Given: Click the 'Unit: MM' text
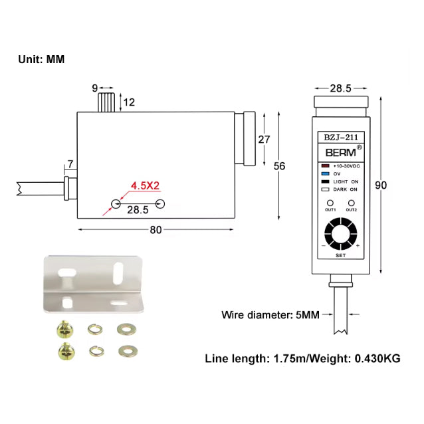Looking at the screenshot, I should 41,59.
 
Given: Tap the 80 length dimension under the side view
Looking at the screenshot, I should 155,231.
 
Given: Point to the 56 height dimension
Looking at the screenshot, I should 279,166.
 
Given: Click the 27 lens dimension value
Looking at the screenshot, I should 264,139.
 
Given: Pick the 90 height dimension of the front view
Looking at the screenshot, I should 381,185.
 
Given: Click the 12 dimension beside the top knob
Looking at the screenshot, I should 129,102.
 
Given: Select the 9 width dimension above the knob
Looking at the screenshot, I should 94,87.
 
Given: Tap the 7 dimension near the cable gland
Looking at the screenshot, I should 70,163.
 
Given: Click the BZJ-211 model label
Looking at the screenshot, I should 340,138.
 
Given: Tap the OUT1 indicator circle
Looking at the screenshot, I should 330,202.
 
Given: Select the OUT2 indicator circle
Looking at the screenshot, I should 351,202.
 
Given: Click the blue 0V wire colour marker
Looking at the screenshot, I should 325,173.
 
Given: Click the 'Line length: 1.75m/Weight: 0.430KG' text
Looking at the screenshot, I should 302,358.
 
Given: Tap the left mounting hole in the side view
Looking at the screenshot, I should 116,203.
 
